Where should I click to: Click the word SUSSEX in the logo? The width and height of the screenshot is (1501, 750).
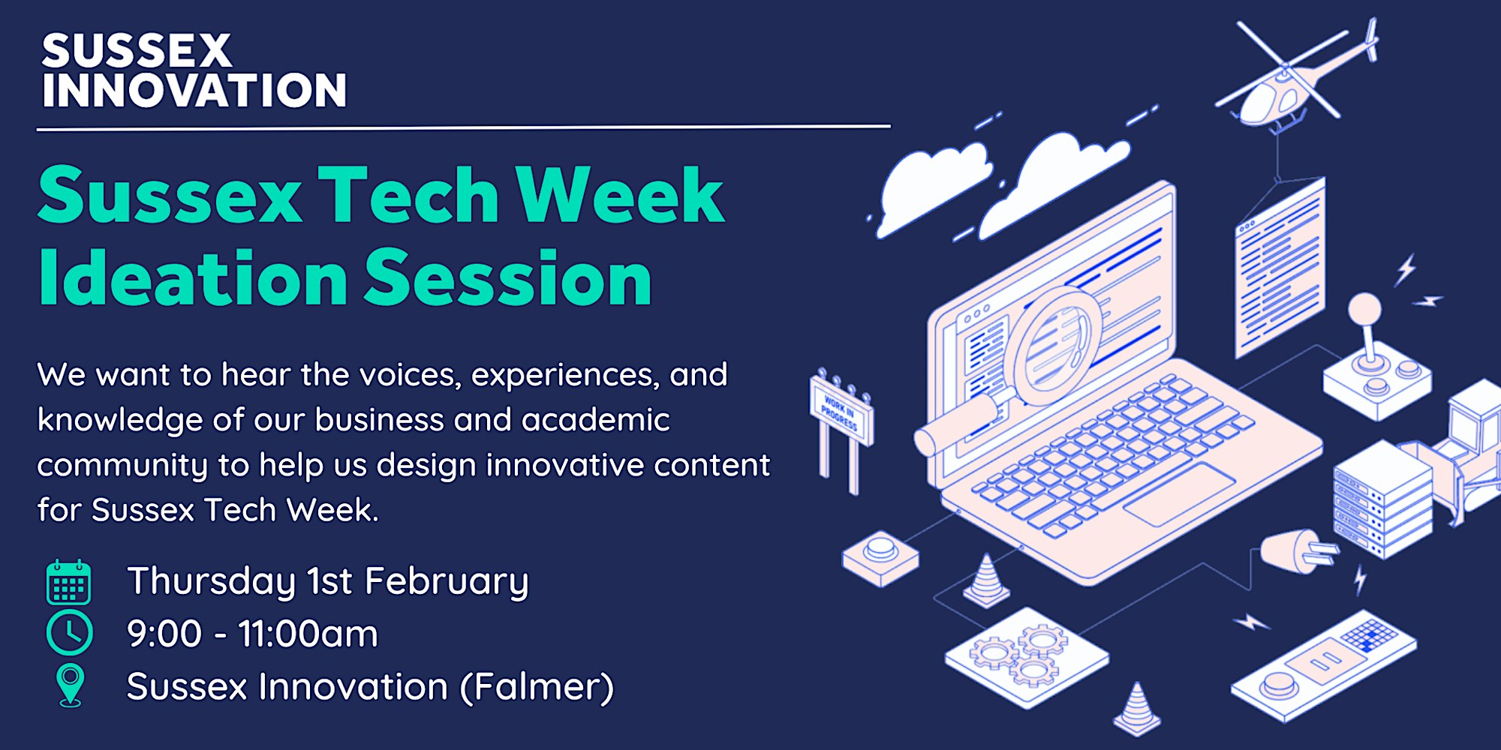pyautogui.click(x=137, y=51)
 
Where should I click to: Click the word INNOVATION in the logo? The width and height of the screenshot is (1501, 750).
pyautogui.click(x=194, y=91)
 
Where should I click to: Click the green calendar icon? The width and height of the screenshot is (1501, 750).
pyautogui.click(x=69, y=582)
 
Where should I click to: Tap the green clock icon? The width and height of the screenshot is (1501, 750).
pyautogui.click(x=69, y=633)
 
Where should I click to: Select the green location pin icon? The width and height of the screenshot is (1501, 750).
pyautogui.click(x=71, y=685)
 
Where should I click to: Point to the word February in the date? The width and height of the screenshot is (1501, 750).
pyautogui.click(x=447, y=583)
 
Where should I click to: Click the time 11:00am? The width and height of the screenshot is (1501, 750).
pyautogui.click(x=308, y=634)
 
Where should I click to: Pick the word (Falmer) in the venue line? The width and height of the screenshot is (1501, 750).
pyautogui.click(x=537, y=687)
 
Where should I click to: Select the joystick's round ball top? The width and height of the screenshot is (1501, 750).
pyautogui.click(x=1364, y=309)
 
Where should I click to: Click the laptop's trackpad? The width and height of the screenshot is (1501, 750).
pyautogui.click(x=1179, y=493)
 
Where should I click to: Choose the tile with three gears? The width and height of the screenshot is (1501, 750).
pyautogui.click(x=1026, y=657)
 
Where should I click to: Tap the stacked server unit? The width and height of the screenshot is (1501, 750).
pyautogui.click(x=1383, y=498)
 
